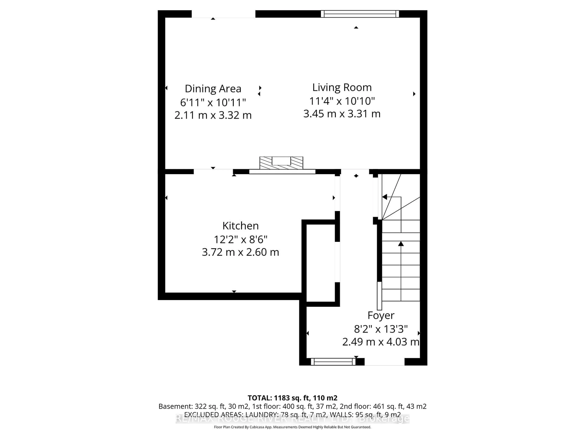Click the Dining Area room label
[x=213, y=89]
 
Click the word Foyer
[x=381, y=315]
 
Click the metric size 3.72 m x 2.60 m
[x=240, y=252]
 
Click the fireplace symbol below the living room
[x=281, y=163]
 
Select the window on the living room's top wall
[x=360, y=14]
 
